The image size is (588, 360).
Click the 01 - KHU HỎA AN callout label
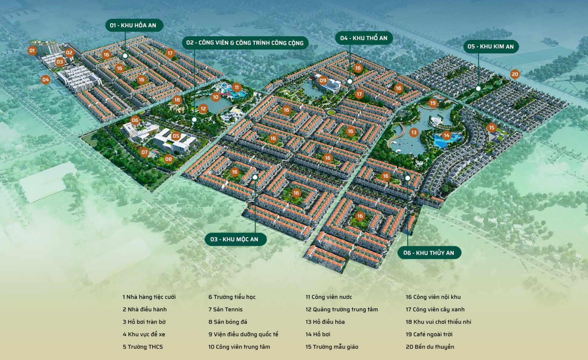point(133,25)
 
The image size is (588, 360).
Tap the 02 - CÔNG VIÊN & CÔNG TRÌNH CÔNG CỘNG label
point(245,43)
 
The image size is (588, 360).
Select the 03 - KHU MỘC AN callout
point(234,239)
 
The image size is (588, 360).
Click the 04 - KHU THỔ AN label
point(363,38)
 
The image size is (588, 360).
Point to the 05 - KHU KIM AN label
point(491,46)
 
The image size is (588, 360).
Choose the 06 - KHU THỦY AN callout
point(429,253)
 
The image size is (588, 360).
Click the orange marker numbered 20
point(515,74)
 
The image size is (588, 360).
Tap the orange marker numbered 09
point(323,80)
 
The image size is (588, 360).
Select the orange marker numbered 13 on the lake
point(414,132)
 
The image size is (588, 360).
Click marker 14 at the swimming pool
point(447,135)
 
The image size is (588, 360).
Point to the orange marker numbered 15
point(492,128)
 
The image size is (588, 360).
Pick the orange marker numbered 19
point(433,103)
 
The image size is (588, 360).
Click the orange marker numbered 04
point(45,79)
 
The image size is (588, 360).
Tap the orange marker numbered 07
point(144,152)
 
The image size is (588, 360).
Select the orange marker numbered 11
point(236,87)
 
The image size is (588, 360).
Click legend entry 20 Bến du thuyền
point(430,347)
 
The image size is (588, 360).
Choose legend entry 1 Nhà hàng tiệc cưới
point(149,297)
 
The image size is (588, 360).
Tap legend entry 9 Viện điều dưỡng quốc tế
point(243,334)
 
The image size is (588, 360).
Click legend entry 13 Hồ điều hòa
point(325,322)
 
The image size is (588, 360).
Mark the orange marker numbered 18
point(177,100)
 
